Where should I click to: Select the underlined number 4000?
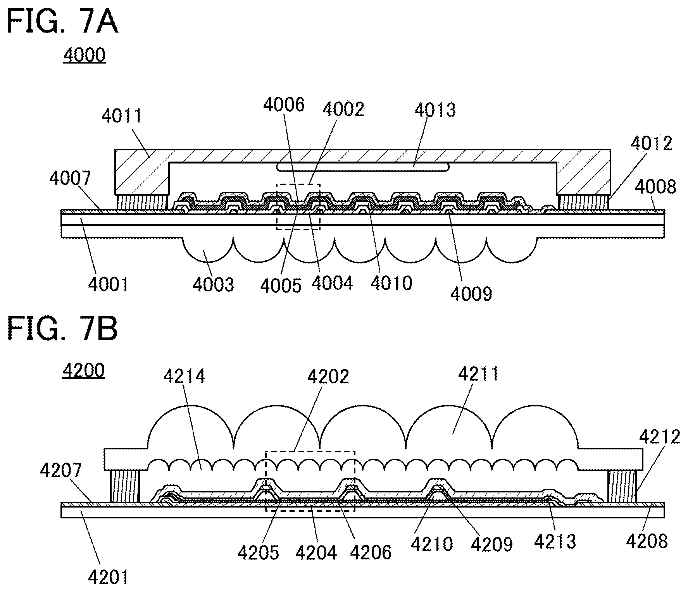point(84,55)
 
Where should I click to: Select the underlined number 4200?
point(83,371)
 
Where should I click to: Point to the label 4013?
point(435,110)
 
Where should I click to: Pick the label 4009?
point(471,294)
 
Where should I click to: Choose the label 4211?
point(479,374)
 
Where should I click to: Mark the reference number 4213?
point(555,542)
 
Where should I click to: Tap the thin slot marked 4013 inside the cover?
point(363,167)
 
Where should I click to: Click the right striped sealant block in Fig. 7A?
point(584,201)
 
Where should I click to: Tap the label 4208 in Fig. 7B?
point(647,541)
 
